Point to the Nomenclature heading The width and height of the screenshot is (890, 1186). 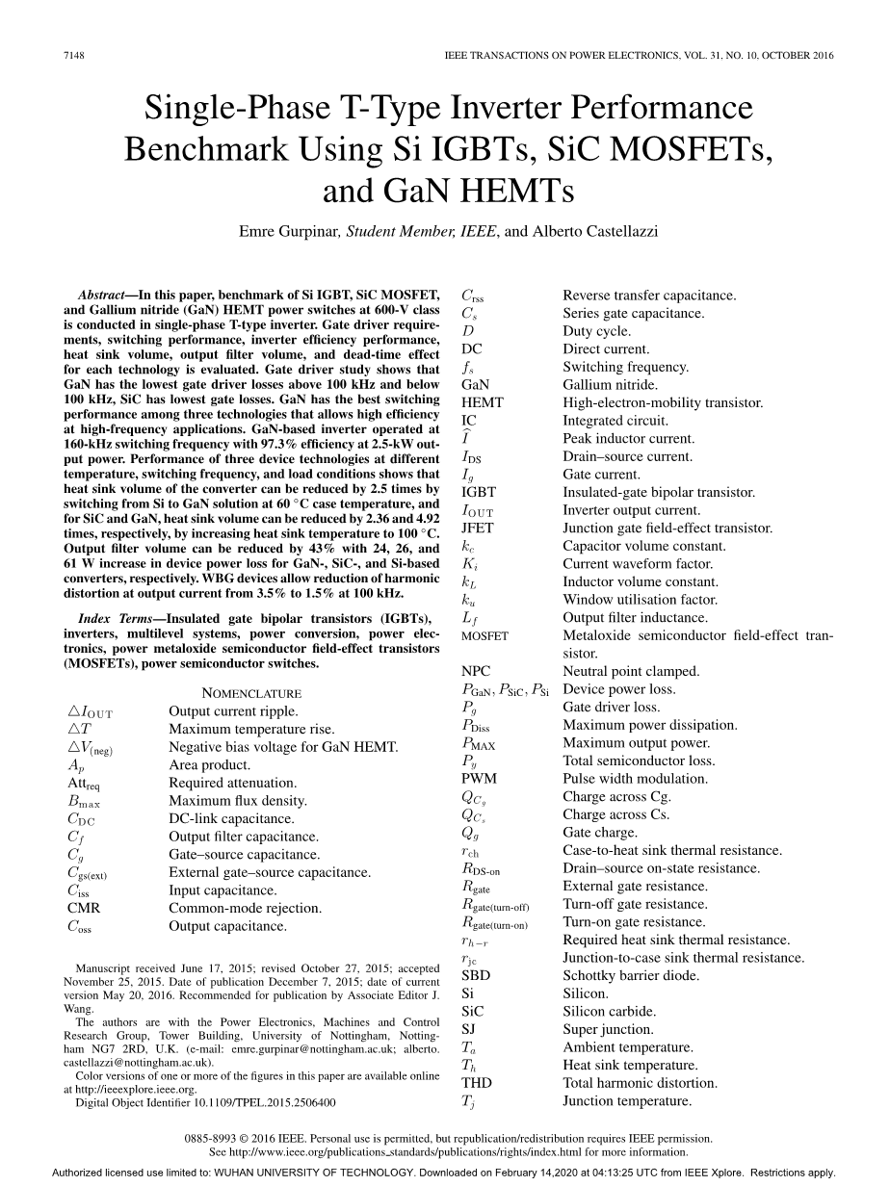point(251,693)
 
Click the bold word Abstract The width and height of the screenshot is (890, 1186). point(104,295)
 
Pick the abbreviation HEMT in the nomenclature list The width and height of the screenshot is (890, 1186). point(482,402)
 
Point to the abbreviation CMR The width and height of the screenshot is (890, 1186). point(84,908)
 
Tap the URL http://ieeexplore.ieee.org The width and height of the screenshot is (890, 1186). point(130,1090)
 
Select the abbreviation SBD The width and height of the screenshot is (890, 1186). point(475,975)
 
